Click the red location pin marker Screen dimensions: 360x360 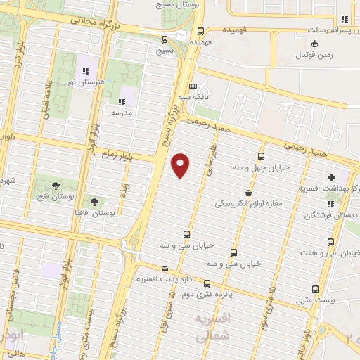pyautogui.click(x=181, y=165)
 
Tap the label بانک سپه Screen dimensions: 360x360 pyautogui.click(x=193, y=96)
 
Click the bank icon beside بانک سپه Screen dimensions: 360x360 pyautogui.click(x=193, y=86)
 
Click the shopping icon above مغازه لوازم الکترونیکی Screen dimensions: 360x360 pyautogui.click(x=247, y=192)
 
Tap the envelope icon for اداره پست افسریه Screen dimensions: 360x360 pyautogui.click(x=165, y=268)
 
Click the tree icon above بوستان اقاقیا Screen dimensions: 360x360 pyautogui.click(x=94, y=201)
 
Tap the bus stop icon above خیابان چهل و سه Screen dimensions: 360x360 pyautogui.click(x=261, y=157)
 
